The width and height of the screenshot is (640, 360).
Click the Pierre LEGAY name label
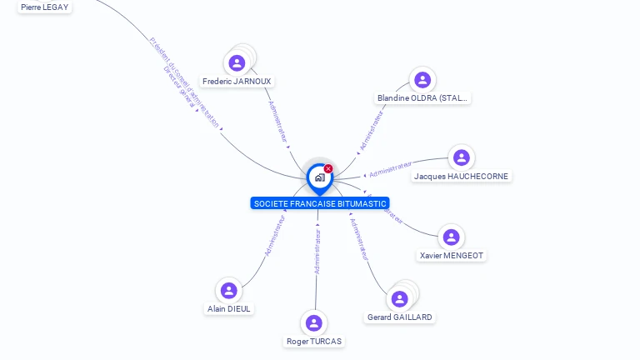(x=45, y=7)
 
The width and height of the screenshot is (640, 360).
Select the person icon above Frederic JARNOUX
(x=237, y=62)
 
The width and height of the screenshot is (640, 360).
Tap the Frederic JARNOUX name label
(x=237, y=82)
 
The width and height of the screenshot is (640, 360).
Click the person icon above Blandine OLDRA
(x=422, y=80)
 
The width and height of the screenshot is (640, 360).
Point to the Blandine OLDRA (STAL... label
(x=423, y=98)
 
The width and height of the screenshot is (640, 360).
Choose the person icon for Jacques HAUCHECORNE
(x=461, y=157)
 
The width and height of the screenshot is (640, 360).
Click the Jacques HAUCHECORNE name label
(x=461, y=177)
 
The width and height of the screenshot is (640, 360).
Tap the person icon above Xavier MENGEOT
(x=451, y=237)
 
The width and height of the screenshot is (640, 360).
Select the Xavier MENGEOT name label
(x=451, y=256)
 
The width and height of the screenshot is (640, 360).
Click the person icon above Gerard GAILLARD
(x=400, y=298)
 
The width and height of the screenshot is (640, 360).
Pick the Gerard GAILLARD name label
(x=400, y=317)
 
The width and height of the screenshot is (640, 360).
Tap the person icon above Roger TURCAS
(x=313, y=322)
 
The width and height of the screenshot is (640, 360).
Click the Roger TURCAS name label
(x=314, y=342)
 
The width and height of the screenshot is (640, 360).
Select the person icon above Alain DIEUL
(x=228, y=290)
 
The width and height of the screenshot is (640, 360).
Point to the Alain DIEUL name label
(x=229, y=309)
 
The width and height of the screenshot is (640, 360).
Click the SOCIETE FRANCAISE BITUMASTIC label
(x=320, y=203)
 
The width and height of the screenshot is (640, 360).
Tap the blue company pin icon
(x=319, y=177)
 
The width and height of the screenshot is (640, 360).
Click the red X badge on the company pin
(x=328, y=169)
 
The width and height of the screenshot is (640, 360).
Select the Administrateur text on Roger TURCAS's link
(x=317, y=251)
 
